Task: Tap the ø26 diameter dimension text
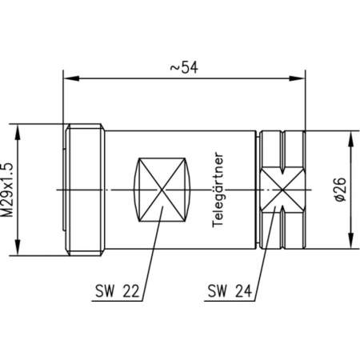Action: (x=338, y=190)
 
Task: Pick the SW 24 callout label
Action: (x=227, y=294)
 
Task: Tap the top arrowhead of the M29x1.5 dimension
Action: (x=23, y=130)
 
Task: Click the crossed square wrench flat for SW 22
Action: (x=164, y=190)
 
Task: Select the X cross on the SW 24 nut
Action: (x=281, y=190)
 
